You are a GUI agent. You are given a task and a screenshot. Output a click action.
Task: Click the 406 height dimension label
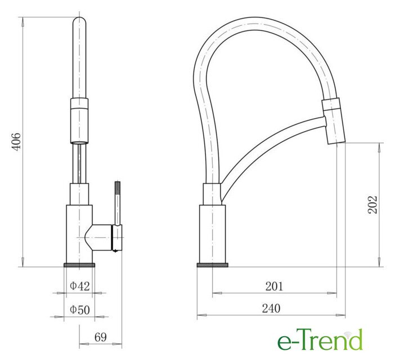tap(17, 142)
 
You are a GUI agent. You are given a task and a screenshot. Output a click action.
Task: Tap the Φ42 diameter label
tap(79, 286)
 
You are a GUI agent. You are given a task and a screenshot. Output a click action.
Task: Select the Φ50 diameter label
tap(79, 309)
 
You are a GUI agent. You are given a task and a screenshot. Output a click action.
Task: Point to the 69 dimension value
tap(101, 337)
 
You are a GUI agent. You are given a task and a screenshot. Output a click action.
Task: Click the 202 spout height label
tap(372, 205)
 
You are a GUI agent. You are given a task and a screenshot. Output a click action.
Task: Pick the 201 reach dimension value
tap(274, 286)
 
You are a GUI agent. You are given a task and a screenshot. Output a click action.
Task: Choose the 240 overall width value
tap(271, 308)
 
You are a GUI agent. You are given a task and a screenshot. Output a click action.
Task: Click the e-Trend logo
tap(320, 340)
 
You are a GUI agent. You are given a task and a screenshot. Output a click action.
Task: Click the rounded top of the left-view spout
tap(79, 21)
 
